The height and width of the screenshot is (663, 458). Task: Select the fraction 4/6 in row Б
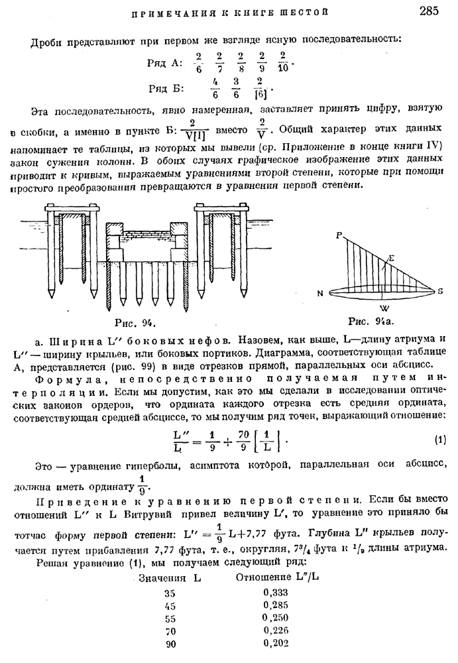click(214, 88)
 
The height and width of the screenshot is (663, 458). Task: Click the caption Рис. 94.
click(135, 323)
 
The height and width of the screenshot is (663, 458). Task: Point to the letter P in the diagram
click(339, 235)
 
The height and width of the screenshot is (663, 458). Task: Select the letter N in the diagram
click(319, 293)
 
